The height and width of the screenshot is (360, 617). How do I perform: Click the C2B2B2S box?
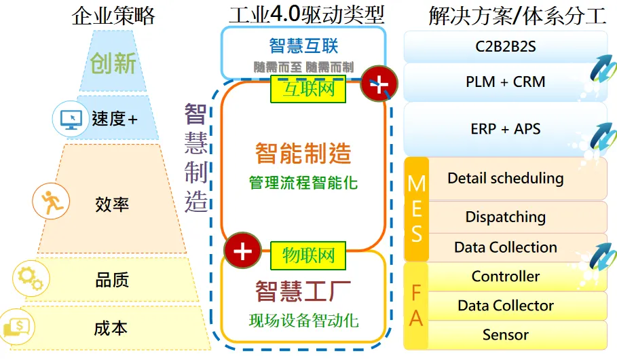[x=505, y=48]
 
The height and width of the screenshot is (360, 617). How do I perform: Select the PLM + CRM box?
[x=505, y=82]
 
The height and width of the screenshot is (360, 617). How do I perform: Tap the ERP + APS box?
[x=505, y=128]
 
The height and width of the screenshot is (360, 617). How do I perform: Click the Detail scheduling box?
[x=505, y=179]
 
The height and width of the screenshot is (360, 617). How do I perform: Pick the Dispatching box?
[x=505, y=217]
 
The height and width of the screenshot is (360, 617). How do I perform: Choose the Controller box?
[x=505, y=276]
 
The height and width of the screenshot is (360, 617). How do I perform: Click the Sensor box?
[x=505, y=335]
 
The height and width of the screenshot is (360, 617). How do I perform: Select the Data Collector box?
[x=505, y=306]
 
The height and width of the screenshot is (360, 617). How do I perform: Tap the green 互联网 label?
[x=307, y=89]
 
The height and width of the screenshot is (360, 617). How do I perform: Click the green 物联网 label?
[x=307, y=255]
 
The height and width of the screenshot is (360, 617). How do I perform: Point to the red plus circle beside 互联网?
[x=379, y=84]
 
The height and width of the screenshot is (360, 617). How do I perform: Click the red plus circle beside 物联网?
[x=242, y=251]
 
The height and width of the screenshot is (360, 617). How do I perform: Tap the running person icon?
[x=52, y=202]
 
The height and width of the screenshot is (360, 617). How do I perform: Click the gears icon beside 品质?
[x=31, y=277]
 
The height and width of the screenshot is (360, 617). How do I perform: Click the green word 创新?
[x=113, y=63]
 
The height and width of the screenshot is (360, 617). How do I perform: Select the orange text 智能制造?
[x=303, y=154]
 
